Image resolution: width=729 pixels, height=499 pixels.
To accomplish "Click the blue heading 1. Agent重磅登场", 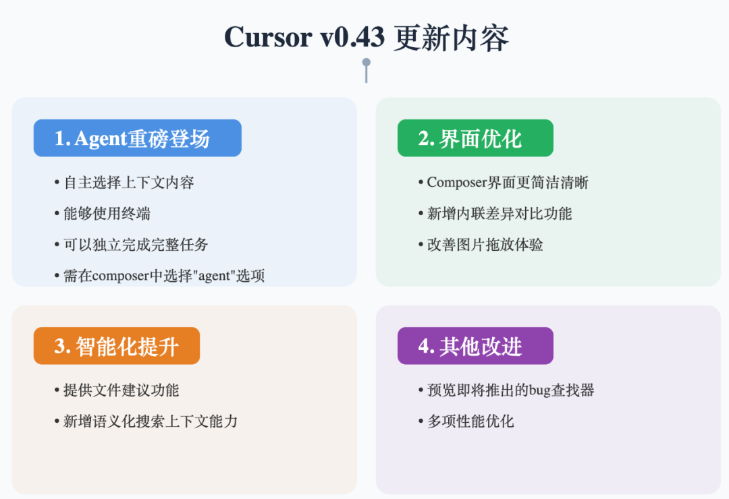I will tap(137, 138).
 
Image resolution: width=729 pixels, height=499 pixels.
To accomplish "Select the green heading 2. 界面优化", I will tap(475, 138).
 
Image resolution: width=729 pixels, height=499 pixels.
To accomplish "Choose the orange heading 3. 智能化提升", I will tap(116, 346).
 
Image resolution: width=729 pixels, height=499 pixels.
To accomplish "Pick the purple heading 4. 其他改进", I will tap(475, 346).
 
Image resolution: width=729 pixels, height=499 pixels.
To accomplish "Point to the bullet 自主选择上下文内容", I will tap(129, 183).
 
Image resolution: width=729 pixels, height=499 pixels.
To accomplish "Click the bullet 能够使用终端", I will tap(107, 214).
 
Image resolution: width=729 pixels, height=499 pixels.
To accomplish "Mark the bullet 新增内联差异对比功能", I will tap(499, 214).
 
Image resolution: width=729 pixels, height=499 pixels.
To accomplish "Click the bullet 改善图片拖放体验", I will tap(485, 244).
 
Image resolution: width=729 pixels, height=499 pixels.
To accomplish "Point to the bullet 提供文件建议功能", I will tap(121, 390).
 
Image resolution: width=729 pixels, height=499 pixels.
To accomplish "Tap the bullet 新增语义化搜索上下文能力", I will tap(150, 421).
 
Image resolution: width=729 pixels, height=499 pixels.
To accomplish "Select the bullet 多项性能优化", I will tap(470, 421).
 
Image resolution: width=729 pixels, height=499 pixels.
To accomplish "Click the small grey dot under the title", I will tap(367, 63).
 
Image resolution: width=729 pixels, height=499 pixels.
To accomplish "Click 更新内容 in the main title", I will tap(451, 37).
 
